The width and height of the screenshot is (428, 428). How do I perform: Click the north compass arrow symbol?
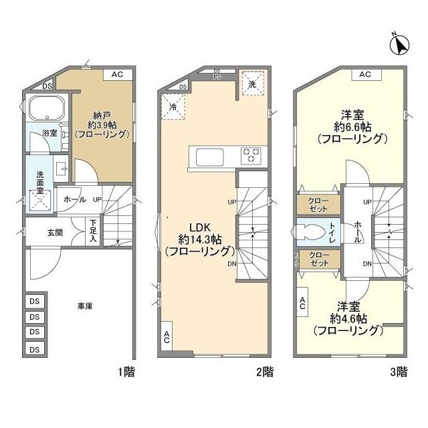click(x=401, y=44)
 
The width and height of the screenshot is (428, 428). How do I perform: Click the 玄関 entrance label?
click(x=55, y=233)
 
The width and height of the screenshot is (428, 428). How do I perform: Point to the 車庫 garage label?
click(x=84, y=306)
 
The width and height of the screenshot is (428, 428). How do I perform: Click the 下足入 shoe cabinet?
click(x=94, y=231)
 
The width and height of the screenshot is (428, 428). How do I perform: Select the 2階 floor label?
click(x=263, y=372)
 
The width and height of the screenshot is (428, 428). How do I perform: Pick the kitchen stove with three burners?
click(x=251, y=156)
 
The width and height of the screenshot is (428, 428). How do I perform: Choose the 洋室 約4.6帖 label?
click(x=348, y=318)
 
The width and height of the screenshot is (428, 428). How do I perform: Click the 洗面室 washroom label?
click(x=39, y=182)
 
